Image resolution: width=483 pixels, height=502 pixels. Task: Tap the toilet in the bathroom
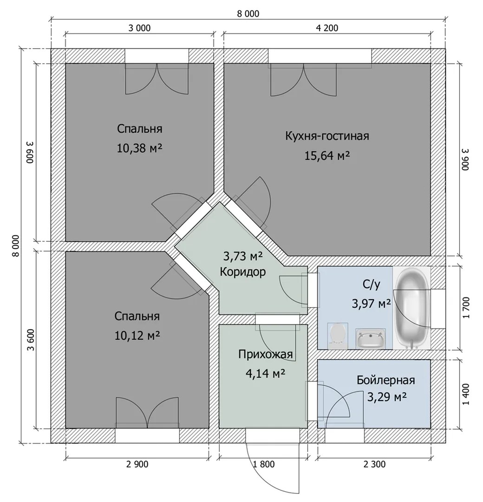[x=337, y=336]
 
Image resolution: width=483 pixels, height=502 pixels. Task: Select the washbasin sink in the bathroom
[x=371, y=339]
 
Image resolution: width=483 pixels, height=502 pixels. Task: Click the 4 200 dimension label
[x=327, y=28]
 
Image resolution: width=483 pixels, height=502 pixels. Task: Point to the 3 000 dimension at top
[x=139, y=28]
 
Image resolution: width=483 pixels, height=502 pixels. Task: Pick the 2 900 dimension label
[x=137, y=464]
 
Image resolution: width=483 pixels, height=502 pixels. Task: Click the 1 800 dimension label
[x=264, y=464]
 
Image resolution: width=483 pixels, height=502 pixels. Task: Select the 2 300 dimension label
[x=375, y=464]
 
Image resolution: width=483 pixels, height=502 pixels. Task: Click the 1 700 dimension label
[x=466, y=308]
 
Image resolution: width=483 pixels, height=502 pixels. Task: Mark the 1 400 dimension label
[x=466, y=394]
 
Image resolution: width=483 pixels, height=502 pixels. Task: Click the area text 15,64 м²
[x=327, y=156]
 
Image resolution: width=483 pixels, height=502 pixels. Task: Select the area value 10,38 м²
[x=139, y=148]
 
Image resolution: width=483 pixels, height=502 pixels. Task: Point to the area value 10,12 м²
[x=137, y=336]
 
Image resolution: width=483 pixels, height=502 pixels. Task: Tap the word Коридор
[x=243, y=272]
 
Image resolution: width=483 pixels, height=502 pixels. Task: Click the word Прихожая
[x=266, y=354]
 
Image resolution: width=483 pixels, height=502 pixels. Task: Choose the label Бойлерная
[x=386, y=380]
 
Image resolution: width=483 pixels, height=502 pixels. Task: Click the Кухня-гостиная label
[x=327, y=136]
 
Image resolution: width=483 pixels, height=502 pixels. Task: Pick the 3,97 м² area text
[x=372, y=303]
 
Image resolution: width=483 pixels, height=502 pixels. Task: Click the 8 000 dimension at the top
[x=248, y=14]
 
